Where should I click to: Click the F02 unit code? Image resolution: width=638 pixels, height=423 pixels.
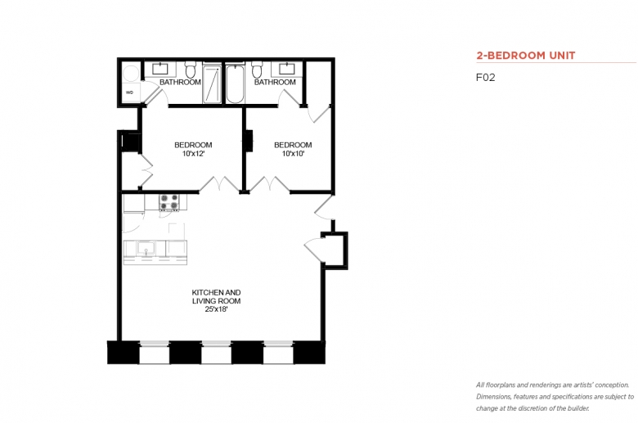(485, 78)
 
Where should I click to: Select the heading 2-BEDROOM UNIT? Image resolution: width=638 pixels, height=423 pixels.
(526, 56)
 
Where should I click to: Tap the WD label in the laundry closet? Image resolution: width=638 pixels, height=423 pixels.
(129, 92)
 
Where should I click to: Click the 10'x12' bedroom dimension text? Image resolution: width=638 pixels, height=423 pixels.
(193, 154)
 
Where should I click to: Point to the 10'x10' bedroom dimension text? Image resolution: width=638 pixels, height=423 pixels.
(293, 154)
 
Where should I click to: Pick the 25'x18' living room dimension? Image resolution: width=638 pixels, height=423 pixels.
(216, 309)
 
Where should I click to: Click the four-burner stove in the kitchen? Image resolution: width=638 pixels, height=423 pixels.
(168, 202)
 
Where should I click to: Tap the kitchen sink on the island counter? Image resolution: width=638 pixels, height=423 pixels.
(146, 248)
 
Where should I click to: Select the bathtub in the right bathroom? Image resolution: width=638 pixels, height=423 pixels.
(235, 83)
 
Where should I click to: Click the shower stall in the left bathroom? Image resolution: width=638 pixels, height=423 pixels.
(212, 84)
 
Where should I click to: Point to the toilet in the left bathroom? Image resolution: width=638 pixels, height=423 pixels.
(190, 70)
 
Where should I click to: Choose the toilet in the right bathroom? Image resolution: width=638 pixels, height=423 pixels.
(256, 70)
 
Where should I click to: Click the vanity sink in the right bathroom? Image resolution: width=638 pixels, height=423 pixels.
(287, 69)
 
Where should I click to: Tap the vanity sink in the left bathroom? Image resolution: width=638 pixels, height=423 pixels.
(160, 69)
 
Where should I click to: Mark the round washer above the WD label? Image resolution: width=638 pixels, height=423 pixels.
(131, 74)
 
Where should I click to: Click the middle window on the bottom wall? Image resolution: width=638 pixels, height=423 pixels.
(217, 353)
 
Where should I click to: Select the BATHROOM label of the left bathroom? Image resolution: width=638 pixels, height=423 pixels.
(180, 83)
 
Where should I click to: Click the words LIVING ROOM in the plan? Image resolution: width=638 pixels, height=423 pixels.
(216, 301)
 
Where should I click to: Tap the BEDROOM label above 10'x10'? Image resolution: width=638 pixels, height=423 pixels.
(293, 145)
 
